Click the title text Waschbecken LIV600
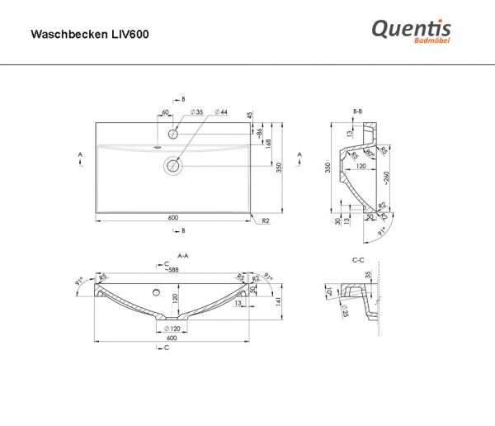point(90,35)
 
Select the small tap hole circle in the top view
point(173,133)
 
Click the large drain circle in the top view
point(173,166)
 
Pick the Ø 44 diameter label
point(221,111)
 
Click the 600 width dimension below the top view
point(173,217)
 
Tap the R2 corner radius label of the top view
point(266,221)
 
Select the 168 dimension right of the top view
point(268,144)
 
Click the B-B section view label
point(357,110)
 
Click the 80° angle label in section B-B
point(371,154)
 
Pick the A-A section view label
point(183,256)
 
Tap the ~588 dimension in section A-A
point(172,269)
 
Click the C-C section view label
point(358,259)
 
